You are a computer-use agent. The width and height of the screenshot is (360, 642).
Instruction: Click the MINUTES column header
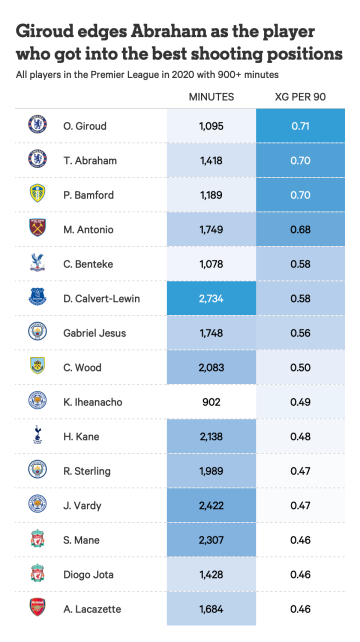(x=211, y=97)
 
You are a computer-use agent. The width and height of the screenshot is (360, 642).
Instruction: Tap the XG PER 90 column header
(x=300, y=97)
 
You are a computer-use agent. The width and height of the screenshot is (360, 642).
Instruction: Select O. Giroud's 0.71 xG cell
(x=300, y=126)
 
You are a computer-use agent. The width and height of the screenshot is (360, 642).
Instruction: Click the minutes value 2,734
(x=211, y=298)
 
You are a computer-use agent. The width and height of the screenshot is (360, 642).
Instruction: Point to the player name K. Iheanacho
(x=92, y=402)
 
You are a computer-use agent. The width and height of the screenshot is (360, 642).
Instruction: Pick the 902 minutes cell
(x=211, y=402)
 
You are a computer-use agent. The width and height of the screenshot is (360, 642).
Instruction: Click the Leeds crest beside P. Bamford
(x=37, y=193)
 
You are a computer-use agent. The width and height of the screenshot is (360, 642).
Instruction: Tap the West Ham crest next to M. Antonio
(x=37, y=228)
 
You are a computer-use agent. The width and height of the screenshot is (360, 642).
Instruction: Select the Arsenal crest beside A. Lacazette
(x=37, y=607)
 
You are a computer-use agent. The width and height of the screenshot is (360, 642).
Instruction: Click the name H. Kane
(x=81, y=436)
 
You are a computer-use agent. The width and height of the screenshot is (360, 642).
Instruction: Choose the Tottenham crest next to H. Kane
(x=37, y=434)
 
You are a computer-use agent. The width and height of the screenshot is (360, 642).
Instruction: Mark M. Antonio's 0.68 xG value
(x=300, y=229)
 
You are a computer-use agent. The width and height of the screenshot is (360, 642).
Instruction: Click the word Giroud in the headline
(x=43, y=32)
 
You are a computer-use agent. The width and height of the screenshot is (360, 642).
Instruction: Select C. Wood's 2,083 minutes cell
(x=211, y=367)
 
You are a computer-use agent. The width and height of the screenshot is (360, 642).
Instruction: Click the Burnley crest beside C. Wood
(x=37, y=366)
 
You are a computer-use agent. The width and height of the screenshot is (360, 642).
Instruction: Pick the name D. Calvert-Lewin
(x=101, y=298)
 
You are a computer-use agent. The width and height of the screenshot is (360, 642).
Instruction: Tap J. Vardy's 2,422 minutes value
(x=211, y=505)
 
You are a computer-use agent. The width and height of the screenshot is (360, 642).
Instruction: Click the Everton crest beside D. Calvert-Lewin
(x=37, y=297)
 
